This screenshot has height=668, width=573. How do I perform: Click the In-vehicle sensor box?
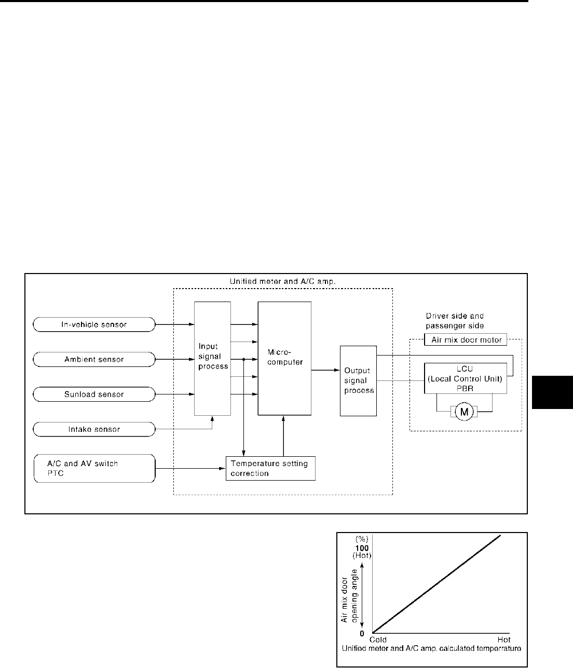point(94,325)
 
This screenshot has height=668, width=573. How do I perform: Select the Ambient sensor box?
point(94,359)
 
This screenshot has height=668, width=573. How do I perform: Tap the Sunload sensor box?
point(94,394)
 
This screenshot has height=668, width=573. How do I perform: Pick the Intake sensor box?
point(94,429)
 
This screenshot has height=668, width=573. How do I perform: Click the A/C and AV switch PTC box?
point(94,469)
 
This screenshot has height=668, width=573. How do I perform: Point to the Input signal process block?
point(212,358)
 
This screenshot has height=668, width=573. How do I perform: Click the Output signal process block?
point(358,380)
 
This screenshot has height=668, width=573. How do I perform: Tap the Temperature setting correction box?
point(270,469)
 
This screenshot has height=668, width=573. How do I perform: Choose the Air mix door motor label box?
point(466,340)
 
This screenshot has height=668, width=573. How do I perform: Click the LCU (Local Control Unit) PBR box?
point(465,378)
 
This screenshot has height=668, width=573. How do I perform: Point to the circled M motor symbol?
point(465,412)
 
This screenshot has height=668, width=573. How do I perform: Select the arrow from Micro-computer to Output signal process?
point(325,370)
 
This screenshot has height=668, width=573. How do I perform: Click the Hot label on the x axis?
point(504,639)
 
